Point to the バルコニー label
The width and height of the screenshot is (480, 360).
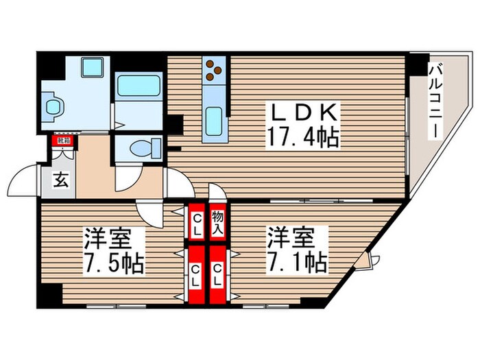[435, 101]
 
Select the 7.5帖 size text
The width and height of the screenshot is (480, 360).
[114, 263]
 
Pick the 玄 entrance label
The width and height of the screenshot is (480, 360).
[60, 182]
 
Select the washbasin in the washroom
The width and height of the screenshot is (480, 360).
[54, 106]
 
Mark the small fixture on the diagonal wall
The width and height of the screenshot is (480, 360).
[371, 260]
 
